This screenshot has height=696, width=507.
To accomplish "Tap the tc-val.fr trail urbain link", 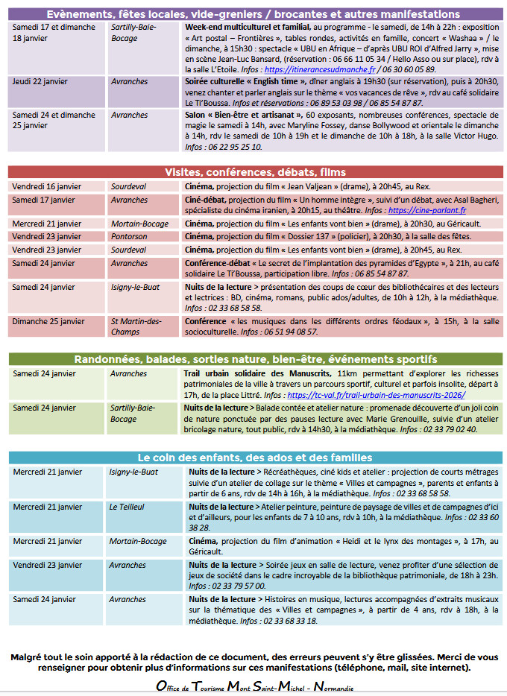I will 377,395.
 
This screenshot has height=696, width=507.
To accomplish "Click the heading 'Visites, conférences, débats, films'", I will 256,172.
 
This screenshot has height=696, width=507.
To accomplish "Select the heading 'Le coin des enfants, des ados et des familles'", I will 256,457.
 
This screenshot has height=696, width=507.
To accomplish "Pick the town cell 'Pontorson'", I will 130,236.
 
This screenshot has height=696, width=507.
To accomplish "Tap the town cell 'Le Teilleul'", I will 127,507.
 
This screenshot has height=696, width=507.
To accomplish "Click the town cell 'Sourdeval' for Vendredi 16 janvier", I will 129,186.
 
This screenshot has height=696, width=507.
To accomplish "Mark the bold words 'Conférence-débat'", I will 219,263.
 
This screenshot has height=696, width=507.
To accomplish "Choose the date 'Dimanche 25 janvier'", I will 48,322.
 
